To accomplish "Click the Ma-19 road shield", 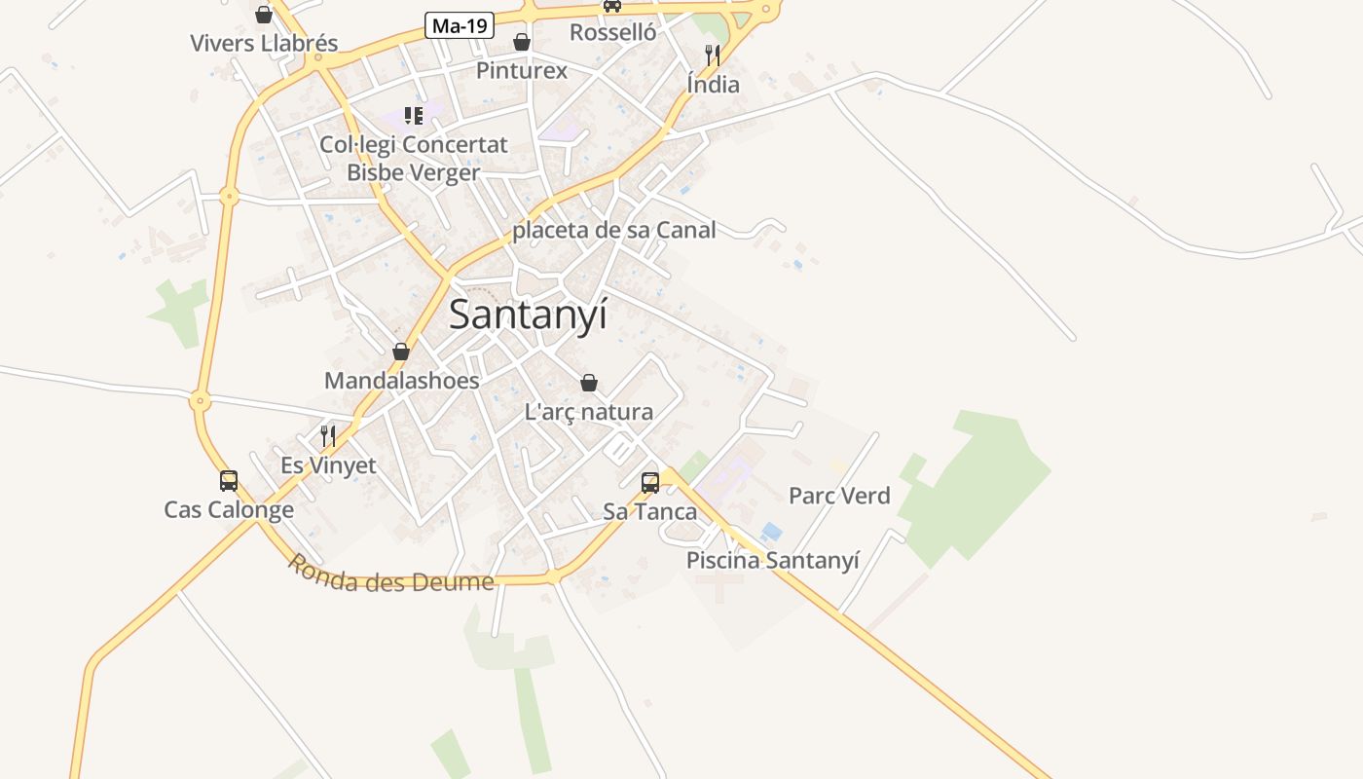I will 460,25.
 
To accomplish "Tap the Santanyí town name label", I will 528,315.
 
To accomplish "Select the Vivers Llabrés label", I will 264,43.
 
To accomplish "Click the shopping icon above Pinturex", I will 522,42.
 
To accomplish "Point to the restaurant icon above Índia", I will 713,55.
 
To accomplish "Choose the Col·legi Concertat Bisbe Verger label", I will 414,159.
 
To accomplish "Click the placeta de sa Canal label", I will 614,230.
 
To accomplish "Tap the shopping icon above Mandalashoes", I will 401,352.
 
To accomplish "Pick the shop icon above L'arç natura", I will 588,383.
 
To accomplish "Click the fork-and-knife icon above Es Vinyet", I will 328,436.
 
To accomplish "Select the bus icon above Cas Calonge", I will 229,481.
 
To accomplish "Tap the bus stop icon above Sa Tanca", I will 650,482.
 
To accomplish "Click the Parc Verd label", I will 839,496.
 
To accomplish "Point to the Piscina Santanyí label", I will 773,560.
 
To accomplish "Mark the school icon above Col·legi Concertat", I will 414,116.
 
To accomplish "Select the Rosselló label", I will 613,32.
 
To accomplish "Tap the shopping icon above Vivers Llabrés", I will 264,15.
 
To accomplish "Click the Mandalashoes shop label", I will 402,380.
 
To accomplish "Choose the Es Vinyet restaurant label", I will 328,465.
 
